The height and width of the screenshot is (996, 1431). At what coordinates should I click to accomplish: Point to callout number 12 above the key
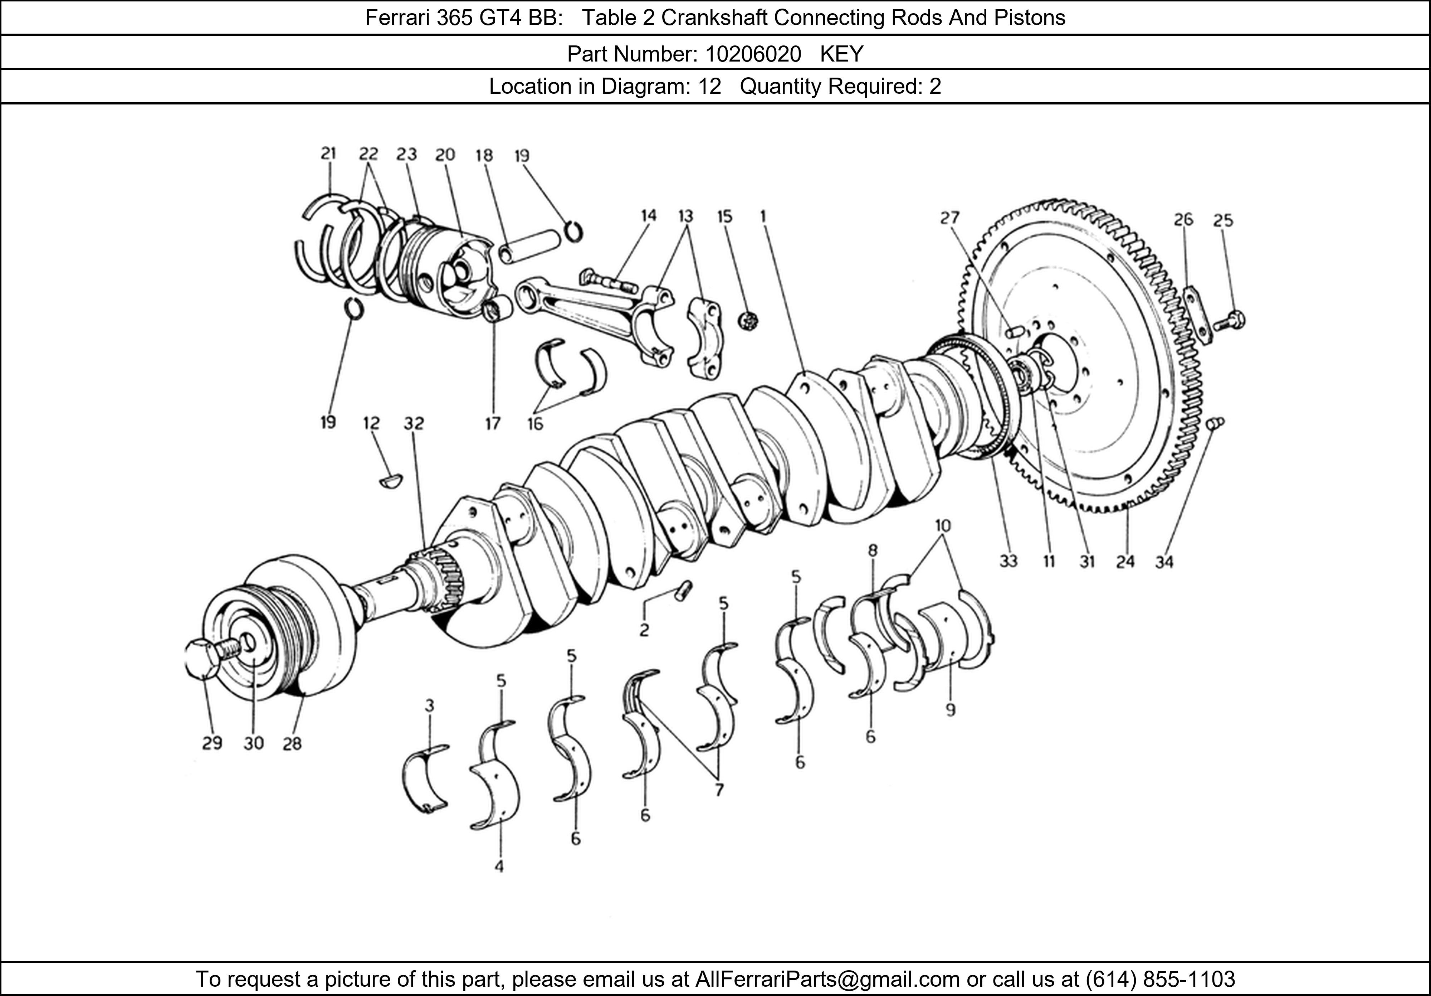[x=371, y=423]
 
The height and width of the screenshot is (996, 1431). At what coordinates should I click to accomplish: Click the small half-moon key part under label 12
[x=391, y=481]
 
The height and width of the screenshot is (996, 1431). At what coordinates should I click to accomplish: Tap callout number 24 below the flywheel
[x=1125, y=562]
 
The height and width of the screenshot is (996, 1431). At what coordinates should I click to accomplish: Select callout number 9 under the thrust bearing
[x=950, y=709]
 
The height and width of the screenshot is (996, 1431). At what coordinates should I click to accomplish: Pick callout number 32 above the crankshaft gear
[x=413, y=423]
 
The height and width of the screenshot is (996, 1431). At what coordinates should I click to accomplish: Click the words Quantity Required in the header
[x=831, y=86]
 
